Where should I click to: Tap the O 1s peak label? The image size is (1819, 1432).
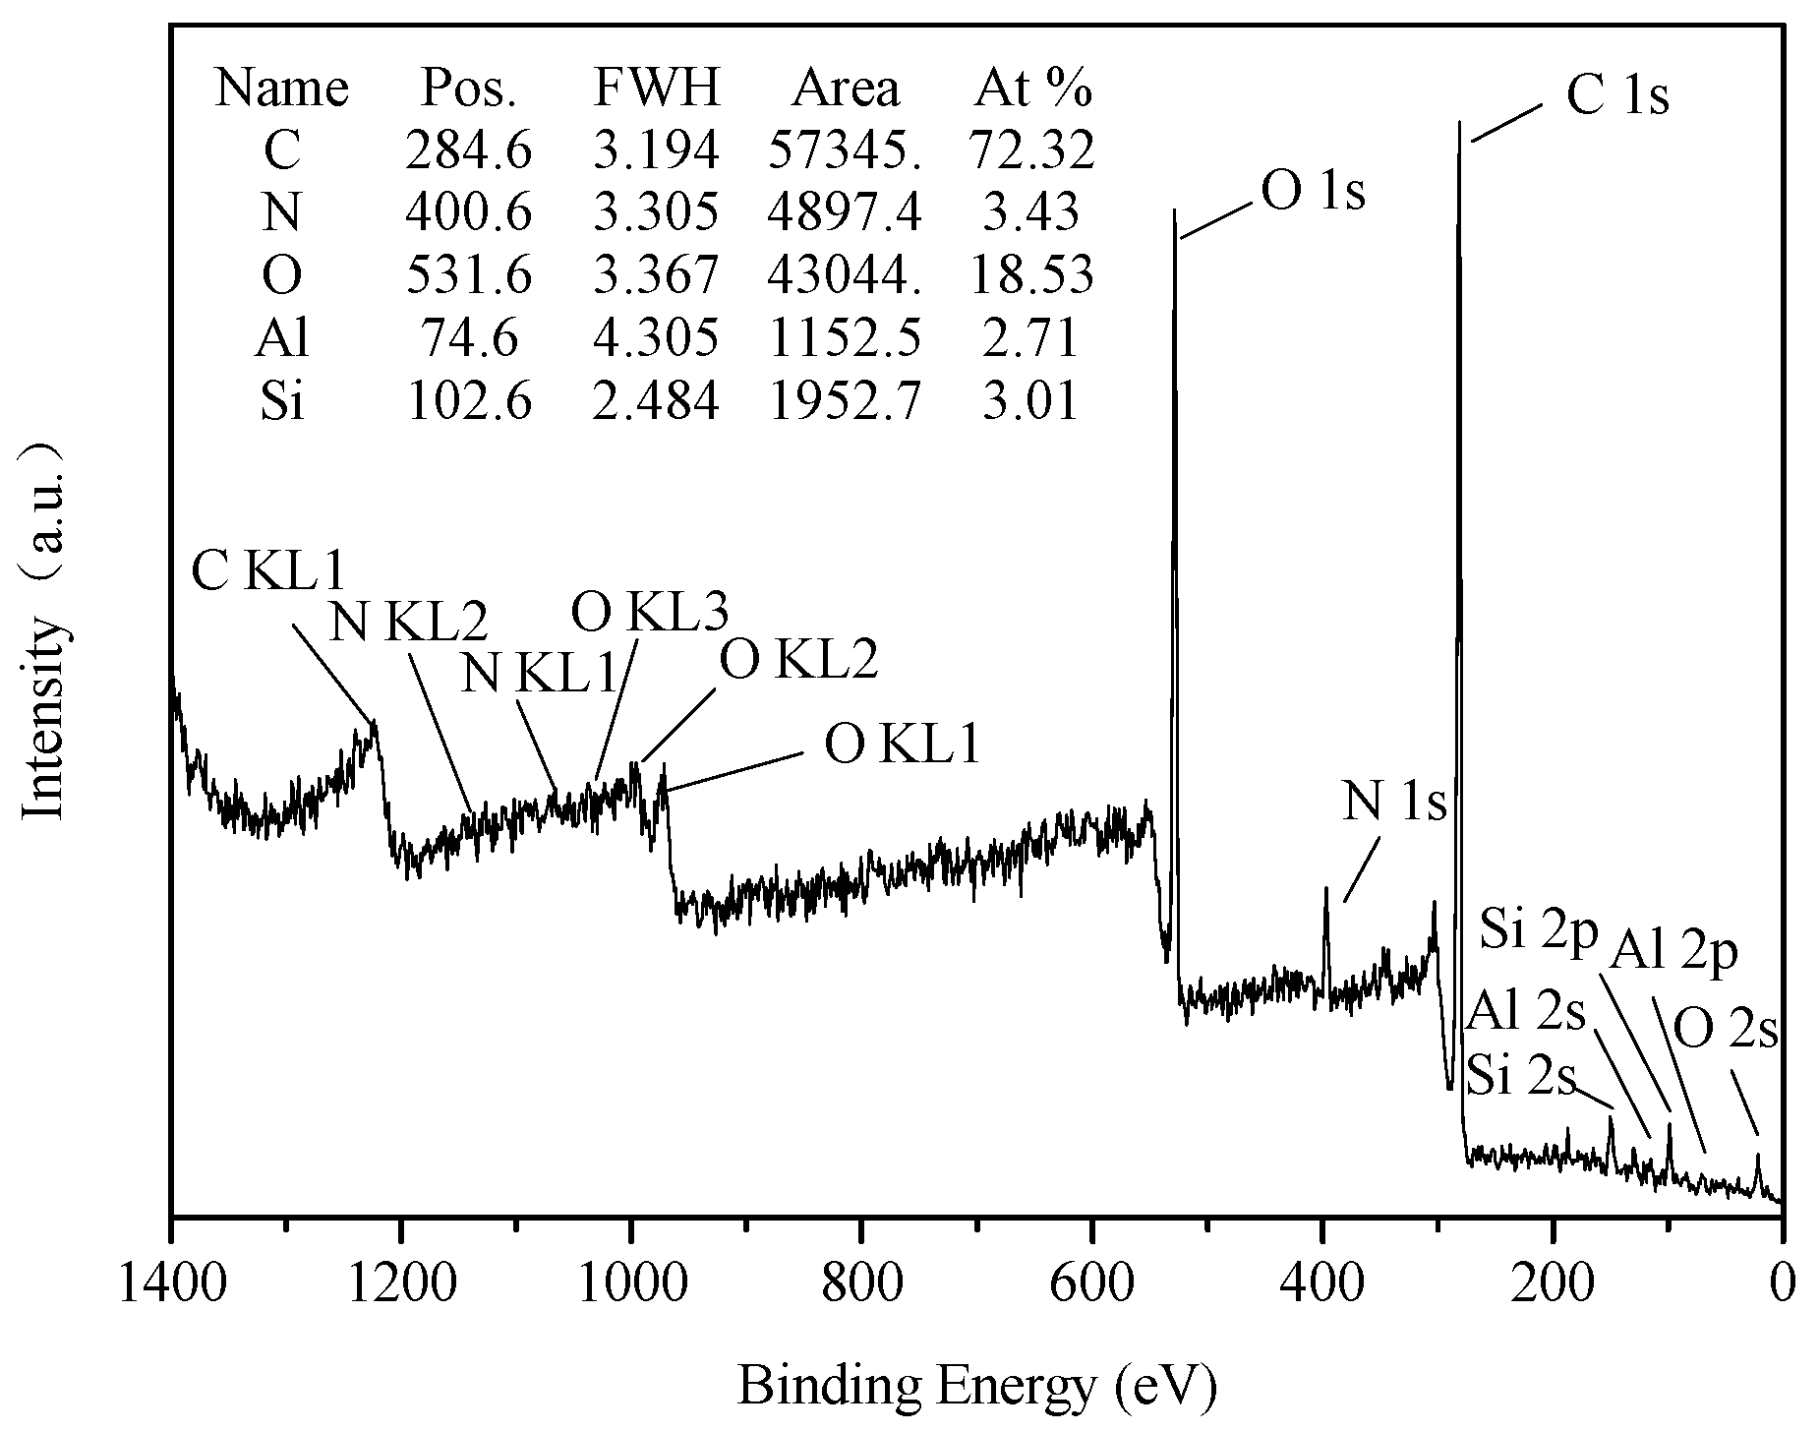[1313, 192]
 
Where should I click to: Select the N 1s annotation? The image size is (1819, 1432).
[1394, 804]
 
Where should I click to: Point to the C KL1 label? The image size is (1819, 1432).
[268, 570]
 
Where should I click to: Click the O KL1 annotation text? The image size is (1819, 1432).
[902, 745]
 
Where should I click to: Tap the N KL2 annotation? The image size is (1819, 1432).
[407, 622]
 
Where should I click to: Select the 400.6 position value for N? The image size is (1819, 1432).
[469, 212]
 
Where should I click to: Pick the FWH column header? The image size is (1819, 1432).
[657, 89]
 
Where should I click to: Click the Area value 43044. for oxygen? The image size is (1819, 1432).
[845, 275]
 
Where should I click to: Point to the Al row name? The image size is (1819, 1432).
[282, 338]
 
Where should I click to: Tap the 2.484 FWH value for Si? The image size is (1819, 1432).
[656, 401]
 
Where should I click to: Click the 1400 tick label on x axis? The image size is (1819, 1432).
[173, 1285]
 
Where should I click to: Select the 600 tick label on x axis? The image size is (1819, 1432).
[1091, 1285]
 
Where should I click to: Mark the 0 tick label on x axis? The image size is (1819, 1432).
[1781, 1285]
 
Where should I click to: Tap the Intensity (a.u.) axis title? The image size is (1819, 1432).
[45, 629]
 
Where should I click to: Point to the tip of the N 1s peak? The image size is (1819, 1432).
[1325, 888]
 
